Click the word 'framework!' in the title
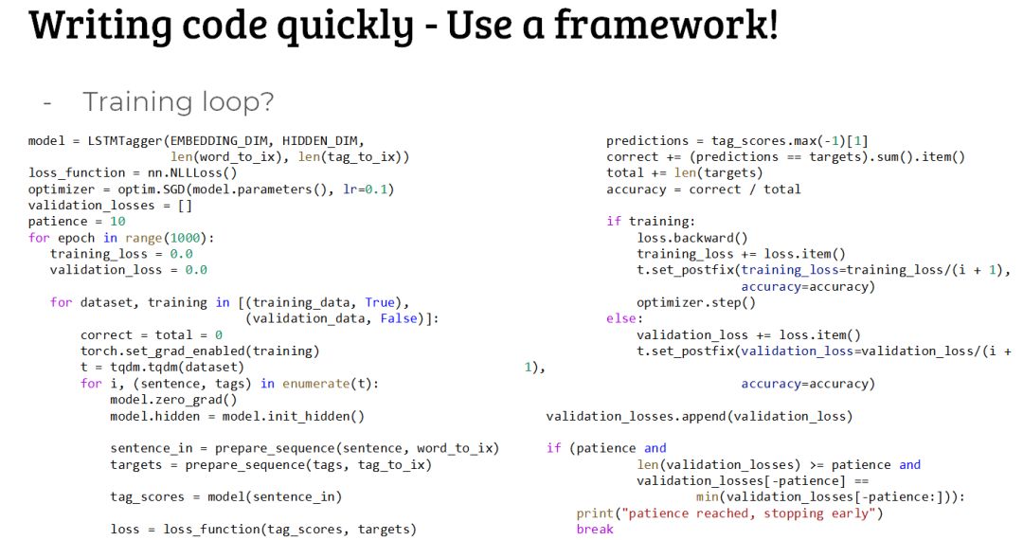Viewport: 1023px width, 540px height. pos(666,25)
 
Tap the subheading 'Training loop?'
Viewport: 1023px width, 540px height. pos(178,101)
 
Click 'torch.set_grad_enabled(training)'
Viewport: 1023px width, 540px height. pos(200,351)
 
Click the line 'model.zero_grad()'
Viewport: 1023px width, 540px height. pos(173,399)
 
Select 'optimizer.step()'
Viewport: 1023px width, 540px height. pos(696,302)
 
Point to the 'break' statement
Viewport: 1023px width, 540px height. pos(595,529)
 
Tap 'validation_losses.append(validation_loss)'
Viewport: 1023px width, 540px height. pos(699,416)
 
